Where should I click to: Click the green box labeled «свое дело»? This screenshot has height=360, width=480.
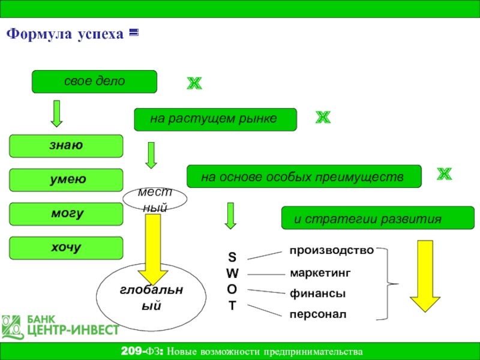pos(94,82)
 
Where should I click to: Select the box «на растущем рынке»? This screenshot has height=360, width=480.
pos(215,119)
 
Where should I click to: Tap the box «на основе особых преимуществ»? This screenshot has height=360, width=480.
pos(304,177)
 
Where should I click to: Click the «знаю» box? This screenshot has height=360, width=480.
pos(66,146)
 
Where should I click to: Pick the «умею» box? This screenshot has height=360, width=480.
pos(66,180)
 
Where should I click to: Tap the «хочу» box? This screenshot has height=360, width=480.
pos(66,248)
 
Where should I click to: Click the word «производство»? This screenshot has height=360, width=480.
pos(332,249)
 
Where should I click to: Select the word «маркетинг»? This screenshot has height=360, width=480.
pos(320,273)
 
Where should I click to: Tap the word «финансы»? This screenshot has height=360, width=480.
pos(317,294)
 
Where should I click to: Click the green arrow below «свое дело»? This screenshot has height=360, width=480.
pos(56,113)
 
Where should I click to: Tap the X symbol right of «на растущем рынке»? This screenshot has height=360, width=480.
pos(323,118)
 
